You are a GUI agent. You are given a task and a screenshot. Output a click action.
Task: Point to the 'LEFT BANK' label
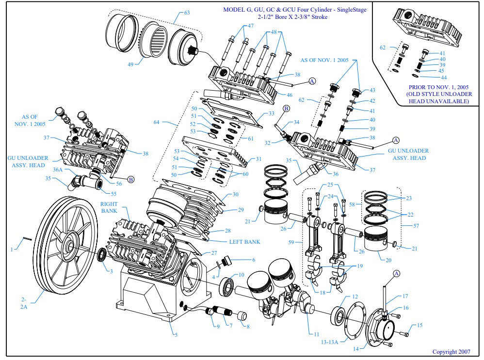pyautogui.click(x=245, y=242)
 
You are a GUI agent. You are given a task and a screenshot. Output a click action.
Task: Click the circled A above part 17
pyautogui.click(x=396, y=274)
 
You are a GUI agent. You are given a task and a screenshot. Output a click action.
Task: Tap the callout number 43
pyautogui.click(x=372, y=91)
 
